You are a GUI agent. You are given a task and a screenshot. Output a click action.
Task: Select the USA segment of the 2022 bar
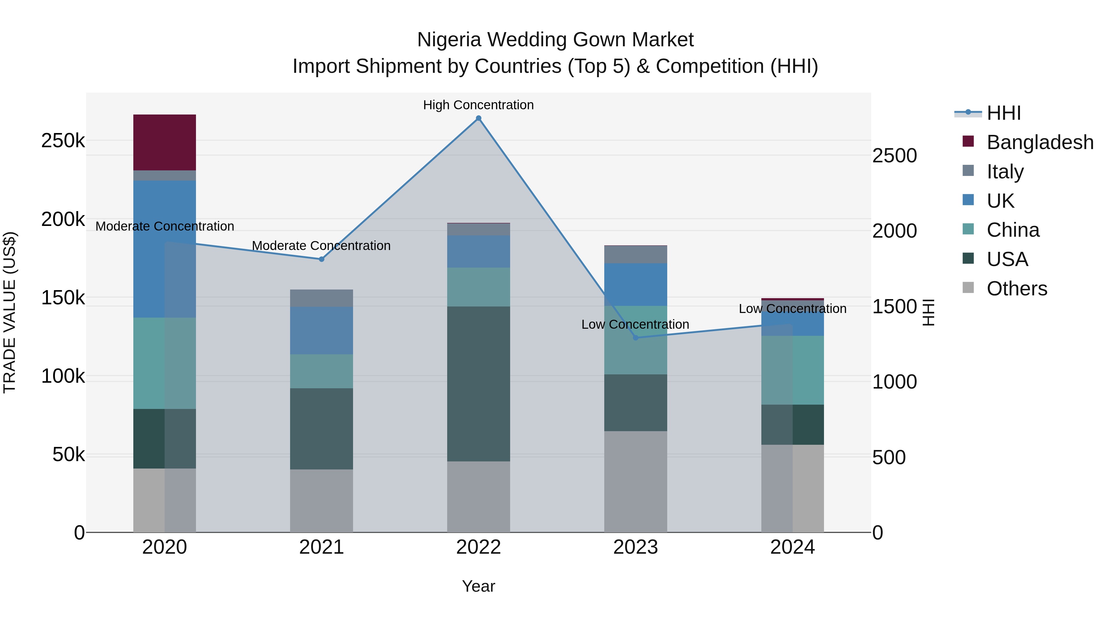click(x=478, y=384)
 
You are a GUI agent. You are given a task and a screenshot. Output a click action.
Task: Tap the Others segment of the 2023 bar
click(x=635, y=481)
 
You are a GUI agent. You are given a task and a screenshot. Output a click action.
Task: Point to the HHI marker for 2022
click(x=478, y=118)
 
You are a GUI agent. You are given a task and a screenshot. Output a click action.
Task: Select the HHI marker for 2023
click(x=635, y=338)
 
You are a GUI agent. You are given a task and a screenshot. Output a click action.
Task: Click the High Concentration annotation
click(x=478, y=105)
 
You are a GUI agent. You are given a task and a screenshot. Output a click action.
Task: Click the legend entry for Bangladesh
click(x=1039, y=142)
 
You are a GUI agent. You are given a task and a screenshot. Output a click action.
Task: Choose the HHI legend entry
click(x=1003, y=113)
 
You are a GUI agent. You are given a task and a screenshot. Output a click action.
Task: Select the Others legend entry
click(x=1016, y=289)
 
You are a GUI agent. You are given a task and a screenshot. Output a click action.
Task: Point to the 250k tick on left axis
click(x=63, y=141)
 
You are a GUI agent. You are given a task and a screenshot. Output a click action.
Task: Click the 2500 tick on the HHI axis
click(x=894, y=156)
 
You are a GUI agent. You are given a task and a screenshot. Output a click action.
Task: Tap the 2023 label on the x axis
click(x=635, y=547)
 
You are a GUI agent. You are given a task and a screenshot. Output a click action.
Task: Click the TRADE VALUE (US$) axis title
click(x=10, y=312)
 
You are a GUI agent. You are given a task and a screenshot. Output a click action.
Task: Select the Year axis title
click(x=478, y=586)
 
